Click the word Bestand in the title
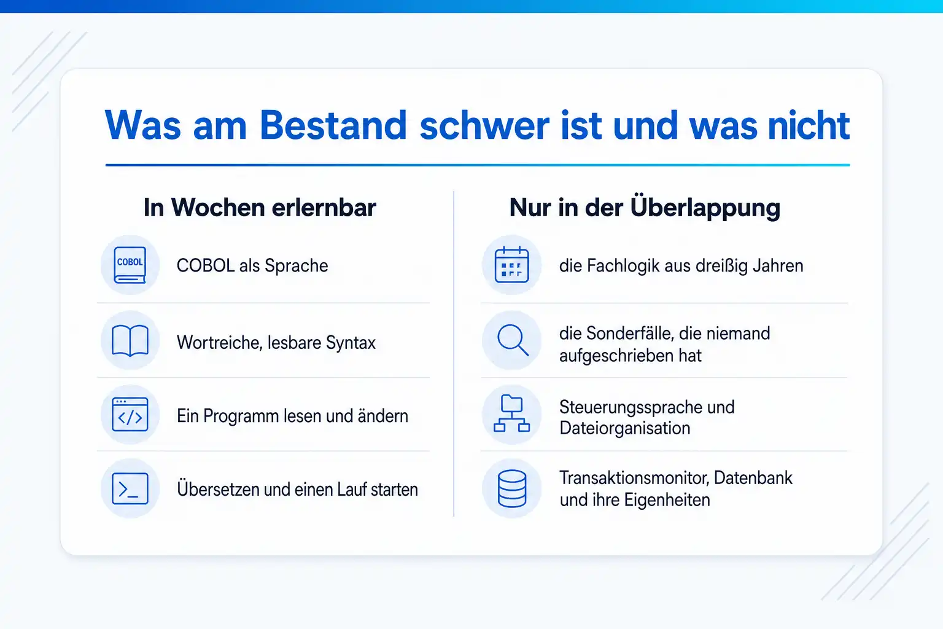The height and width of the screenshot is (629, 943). [x=333, y=125]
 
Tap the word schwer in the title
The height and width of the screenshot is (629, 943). [x=484, y=125]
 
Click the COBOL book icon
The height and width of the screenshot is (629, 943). [x=130, y=265]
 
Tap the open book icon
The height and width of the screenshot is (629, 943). [x=130, y=340]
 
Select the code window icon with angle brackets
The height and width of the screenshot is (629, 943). [x=130, y=414]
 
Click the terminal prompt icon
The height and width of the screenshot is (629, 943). [x=130, y=489]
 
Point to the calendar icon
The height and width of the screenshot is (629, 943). [x=511, y=265]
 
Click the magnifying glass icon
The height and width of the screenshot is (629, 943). [x=513, y=340]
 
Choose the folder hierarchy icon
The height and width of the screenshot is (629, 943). [x=511, y=413]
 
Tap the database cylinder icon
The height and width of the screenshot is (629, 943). [x=511, y=489]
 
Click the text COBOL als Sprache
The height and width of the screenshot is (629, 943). [x=252, y=266]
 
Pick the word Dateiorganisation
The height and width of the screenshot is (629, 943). [x=625, y=429]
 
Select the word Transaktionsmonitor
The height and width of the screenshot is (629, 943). [x=635, y=478]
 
